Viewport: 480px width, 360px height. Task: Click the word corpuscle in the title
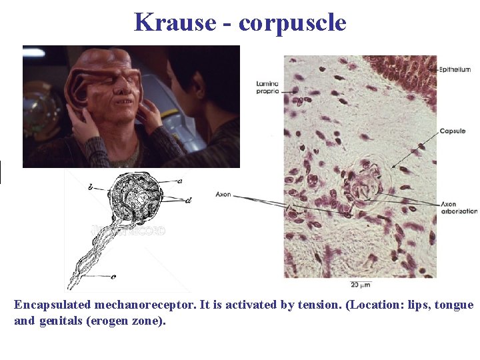292,22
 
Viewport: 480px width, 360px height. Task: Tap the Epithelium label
455,69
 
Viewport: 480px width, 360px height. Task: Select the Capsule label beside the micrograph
452,131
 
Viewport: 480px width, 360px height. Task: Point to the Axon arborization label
459,207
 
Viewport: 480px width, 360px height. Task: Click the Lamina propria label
267,87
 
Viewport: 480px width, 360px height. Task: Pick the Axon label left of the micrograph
223,195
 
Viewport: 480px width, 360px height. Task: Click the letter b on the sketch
91,188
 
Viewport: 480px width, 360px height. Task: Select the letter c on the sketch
113,276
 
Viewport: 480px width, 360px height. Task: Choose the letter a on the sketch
180,180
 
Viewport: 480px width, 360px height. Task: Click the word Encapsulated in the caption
53,305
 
